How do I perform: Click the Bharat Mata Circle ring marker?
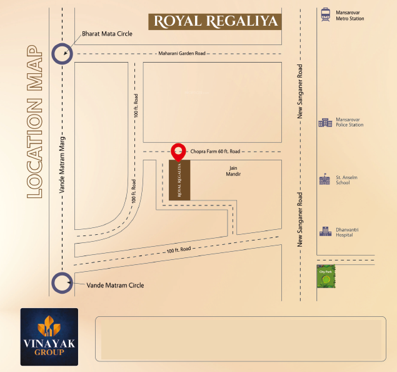(61, 53)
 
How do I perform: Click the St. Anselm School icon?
(325, 180)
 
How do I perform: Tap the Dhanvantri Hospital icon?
(325, 232)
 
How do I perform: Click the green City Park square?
(326, 276)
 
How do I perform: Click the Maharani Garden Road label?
(182, 54)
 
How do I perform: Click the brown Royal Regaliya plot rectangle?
(180, 180)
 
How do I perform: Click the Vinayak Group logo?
(49, 337)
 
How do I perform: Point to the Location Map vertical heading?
(35, 121)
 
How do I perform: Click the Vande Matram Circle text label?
(114, 286)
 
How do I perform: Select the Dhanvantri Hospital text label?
(351, 232)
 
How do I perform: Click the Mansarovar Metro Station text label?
(351, 15)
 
